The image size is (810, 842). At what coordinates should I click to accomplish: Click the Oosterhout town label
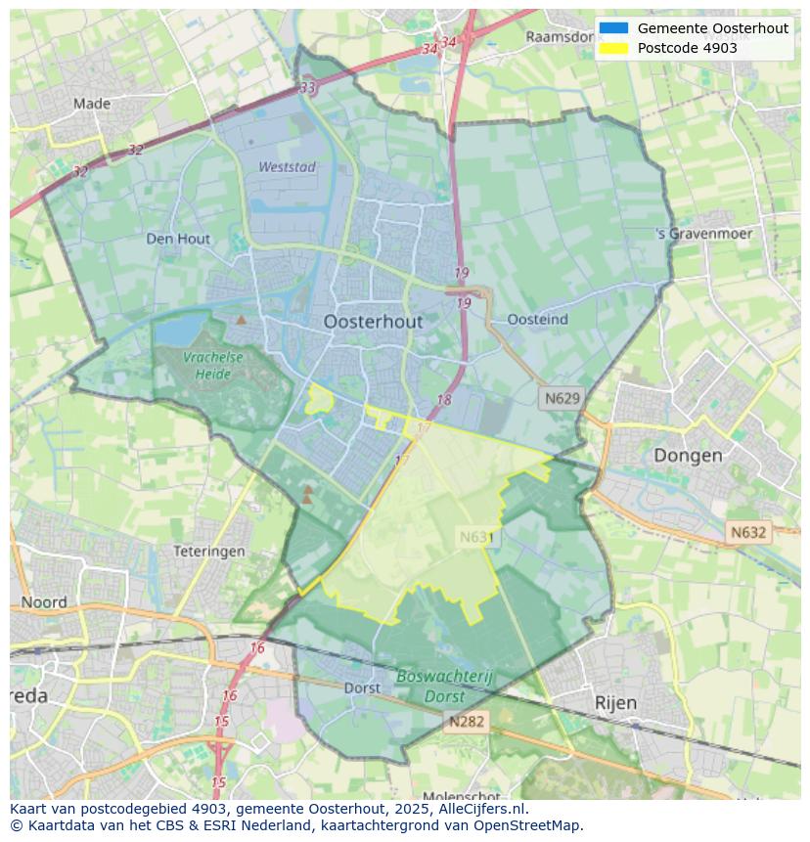coord(373,322)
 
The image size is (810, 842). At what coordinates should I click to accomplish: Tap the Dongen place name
coord(688,455)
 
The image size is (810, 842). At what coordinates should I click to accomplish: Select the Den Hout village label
coord(178,239)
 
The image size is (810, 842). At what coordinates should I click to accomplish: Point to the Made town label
coord(92,104)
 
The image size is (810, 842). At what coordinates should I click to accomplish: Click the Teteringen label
coord(209,552)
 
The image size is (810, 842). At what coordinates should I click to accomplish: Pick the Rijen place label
coord(615,702)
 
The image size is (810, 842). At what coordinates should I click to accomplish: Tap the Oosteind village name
coord(537,320)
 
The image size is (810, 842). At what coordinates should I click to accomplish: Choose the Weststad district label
coord(287,167)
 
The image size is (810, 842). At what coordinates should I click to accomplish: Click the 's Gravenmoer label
coord(704,234)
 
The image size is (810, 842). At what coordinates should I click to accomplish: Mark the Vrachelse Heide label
coord(213,366)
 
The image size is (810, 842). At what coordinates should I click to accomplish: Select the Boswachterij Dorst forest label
coord(445,687)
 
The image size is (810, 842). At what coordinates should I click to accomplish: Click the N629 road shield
coord(562,398)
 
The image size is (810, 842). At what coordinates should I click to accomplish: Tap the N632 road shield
coord(748,533)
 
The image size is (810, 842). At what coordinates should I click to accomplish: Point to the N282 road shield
coord(467,722)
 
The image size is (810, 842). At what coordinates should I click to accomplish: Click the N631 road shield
coord(477,537)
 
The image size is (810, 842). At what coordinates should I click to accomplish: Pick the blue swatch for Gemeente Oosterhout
coord(613,28)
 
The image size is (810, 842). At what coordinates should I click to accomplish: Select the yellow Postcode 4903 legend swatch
coord(613,48)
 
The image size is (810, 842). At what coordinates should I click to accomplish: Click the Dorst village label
coord(362,688)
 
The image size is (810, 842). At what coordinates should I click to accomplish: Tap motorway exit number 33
coord(308,88)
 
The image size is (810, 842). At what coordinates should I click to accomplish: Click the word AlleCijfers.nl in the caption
coord(480,809)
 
